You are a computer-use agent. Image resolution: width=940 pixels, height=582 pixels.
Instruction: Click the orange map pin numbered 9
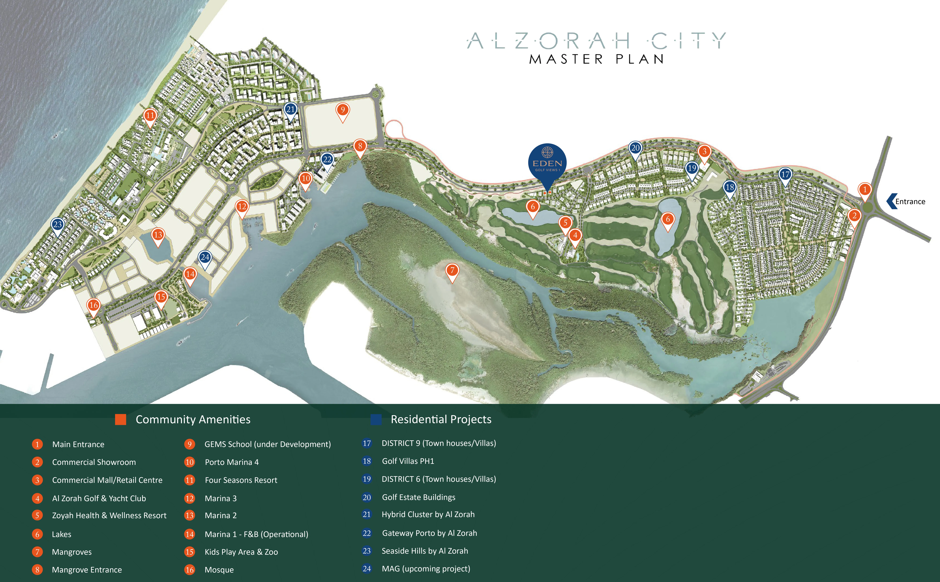(342, 111)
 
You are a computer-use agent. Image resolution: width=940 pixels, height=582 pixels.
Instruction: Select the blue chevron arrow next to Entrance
(891, 201)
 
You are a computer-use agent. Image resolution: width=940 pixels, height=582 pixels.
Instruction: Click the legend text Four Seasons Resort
(241, 480)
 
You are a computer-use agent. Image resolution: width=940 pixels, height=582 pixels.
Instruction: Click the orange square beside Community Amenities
(121, 419)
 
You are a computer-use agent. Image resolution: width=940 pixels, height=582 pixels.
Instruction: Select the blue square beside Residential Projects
(376, 419)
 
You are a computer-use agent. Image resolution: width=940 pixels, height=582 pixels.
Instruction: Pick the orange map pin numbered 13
(158, 235)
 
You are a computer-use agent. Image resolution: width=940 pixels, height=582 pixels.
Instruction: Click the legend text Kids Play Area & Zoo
(241, 552)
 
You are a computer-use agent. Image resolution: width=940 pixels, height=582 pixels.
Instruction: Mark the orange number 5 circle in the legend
(37, 515)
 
